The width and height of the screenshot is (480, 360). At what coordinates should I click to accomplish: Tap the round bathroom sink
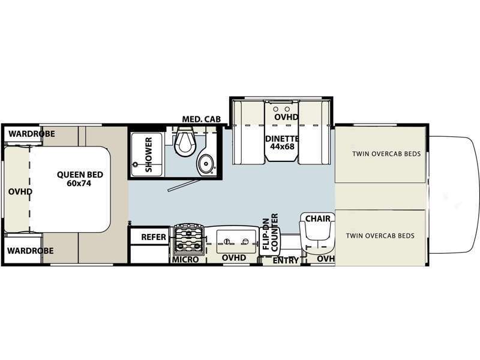[206, 162]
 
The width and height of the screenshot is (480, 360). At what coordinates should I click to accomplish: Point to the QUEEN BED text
[80, 175]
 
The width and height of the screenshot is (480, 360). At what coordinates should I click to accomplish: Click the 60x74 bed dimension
[80, 184]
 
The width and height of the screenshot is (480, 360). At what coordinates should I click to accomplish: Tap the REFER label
[153, 237]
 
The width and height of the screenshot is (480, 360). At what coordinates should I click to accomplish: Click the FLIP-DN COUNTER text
[270, 233]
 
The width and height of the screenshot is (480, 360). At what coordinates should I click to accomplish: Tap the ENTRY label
[286, 260]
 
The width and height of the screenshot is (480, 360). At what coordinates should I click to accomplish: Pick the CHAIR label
[317, 218]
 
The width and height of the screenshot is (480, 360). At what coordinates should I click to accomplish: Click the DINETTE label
[282, 139]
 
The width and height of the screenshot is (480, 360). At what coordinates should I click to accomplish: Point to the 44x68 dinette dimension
[282, 147]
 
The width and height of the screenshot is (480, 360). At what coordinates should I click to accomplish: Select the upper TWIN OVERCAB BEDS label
[386, 154]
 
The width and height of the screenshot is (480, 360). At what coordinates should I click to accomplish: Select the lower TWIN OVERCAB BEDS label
[380, 236]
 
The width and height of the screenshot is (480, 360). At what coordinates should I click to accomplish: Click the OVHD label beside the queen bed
[20, 192]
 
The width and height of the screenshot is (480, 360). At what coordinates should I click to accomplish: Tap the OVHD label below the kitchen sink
[234, 258]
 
